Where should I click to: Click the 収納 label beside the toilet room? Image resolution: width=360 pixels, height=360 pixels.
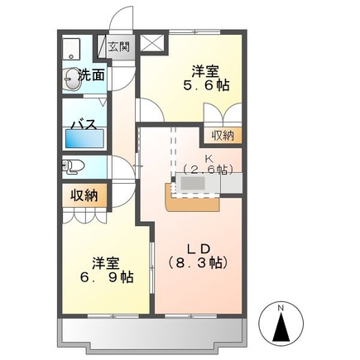pyautogui.click(x=84, y=195)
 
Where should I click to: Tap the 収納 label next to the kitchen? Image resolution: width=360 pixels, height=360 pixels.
pyautogui.click(x=222, y=135)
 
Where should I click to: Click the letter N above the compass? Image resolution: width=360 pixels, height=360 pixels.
pyautogui.click(x=281, y=308)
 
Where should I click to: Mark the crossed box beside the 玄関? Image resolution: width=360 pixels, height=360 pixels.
pyautogui.click(x=151, y=46)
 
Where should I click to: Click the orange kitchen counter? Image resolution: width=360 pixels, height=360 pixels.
pyautogui.click(x=192, y=199)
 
